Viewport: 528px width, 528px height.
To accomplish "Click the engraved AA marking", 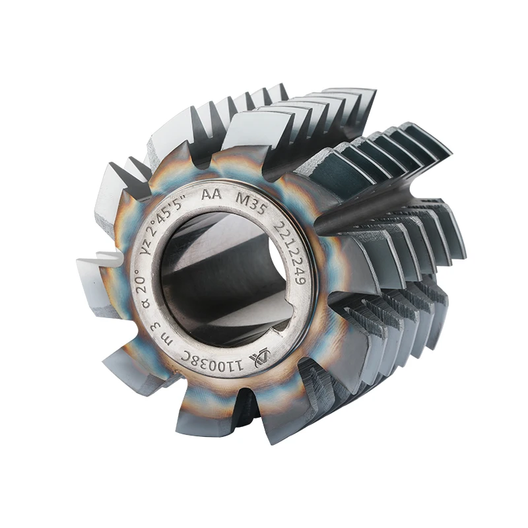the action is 211,195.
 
